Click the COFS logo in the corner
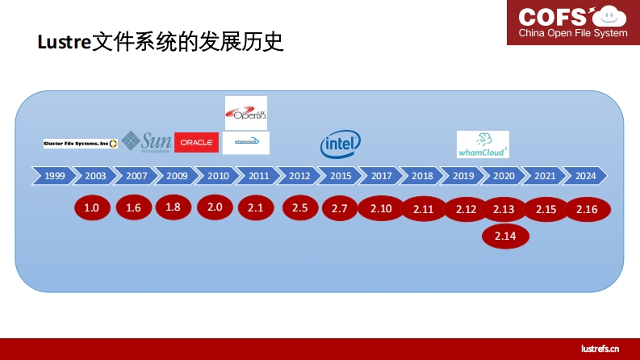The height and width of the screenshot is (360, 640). coord(572,22)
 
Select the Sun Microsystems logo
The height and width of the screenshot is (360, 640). coord(146,141)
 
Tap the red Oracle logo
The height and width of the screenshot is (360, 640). coord(196,142)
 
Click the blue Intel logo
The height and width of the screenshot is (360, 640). coord(340,144)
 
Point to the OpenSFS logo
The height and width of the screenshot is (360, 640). coord(245,113)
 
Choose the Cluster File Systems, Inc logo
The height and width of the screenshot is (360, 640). coord(81,143)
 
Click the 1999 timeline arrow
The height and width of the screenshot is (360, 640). coord(54,175)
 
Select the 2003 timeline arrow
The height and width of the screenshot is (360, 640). coord(95,175)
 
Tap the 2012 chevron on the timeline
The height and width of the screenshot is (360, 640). coord(299,175)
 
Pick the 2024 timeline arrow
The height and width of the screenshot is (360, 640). coord(586,175)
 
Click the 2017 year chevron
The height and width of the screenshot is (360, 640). coord(381,175)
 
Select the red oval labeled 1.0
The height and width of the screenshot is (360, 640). coord(92,208)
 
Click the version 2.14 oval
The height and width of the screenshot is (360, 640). coord(504,236)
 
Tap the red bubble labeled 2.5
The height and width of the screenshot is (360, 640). coord(300,208)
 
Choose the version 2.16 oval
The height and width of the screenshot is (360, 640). coord(588,209)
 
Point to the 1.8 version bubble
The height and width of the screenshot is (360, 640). coord(174,207)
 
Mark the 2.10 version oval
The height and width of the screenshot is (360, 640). coord(381,209)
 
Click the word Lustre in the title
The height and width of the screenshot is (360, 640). coord(64,43)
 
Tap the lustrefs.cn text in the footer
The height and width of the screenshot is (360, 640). coord(600,348)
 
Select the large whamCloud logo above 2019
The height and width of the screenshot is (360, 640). coord(483,144)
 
